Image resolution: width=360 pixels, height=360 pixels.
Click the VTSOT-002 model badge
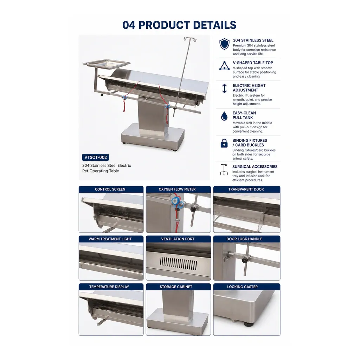click(x=96, y=157)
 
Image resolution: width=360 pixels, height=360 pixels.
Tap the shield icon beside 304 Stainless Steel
click(x=224, y=44)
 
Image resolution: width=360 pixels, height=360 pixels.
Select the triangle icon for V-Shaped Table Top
click(x=224, y=66)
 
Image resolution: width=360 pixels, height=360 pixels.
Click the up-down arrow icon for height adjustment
click(x=224, y=88)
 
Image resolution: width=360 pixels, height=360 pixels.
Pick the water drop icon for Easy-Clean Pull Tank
click(x=224, y=116)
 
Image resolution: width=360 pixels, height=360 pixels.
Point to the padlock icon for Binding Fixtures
click(x=224, y=143)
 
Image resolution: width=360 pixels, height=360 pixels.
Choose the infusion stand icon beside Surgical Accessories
click(x=224, y=169)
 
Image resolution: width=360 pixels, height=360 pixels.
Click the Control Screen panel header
click(x=110, y=189)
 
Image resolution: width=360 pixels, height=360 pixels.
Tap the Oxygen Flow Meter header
click(x=177, y=189)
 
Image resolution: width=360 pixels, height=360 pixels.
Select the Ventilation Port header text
click(x=178, y=239)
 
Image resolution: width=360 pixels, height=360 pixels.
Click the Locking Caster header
click(x=243, y=287)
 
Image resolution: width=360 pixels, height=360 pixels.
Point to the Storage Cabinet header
click(x=176, y=287)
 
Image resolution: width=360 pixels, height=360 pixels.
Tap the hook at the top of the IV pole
click(x=190, y=39)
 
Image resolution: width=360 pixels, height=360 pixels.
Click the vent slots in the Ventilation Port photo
click(x=178, y=263)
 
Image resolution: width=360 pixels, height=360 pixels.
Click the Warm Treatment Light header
click(x=110, y=239)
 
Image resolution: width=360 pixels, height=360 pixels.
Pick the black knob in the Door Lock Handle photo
click(x=245, y=260)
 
